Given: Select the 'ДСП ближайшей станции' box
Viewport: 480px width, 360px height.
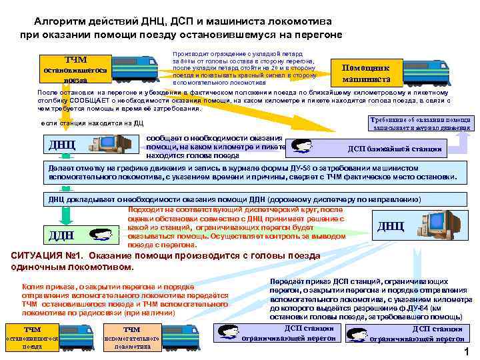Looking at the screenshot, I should (x=393, y=149).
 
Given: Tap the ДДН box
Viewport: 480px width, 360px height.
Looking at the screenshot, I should (x=61, y=234).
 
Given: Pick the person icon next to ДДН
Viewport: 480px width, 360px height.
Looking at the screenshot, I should (x=99, y=235).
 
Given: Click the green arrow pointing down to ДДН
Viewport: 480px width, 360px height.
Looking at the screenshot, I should (x=65, y=215).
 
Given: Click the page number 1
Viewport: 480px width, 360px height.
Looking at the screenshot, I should (x=467, y=351).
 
